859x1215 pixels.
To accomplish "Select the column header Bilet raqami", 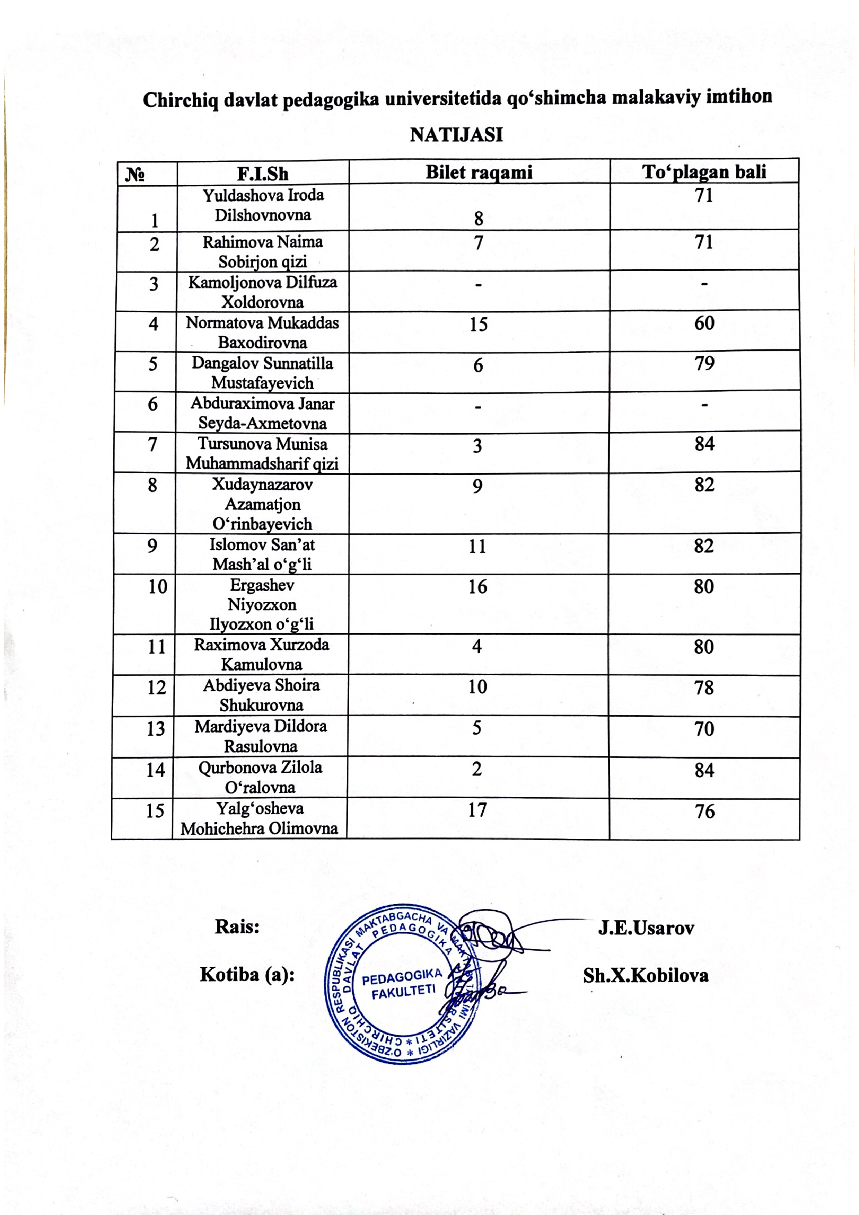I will (479, 172).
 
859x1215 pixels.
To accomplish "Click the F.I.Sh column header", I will (263, 174).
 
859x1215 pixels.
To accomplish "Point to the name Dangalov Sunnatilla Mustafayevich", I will (263, 373).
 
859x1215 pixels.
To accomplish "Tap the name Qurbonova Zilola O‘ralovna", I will (260, 777).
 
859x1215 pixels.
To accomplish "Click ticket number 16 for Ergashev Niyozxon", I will (477, 587).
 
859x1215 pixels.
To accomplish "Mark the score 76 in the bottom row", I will (704, 811).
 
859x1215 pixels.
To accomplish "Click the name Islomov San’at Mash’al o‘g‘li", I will (262, 554).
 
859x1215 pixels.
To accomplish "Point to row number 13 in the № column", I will (156, 729).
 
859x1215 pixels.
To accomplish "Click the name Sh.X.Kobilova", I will (646, 975).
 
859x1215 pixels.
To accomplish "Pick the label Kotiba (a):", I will (247, 974).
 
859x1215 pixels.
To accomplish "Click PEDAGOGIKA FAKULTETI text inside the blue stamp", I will (403, 984).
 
